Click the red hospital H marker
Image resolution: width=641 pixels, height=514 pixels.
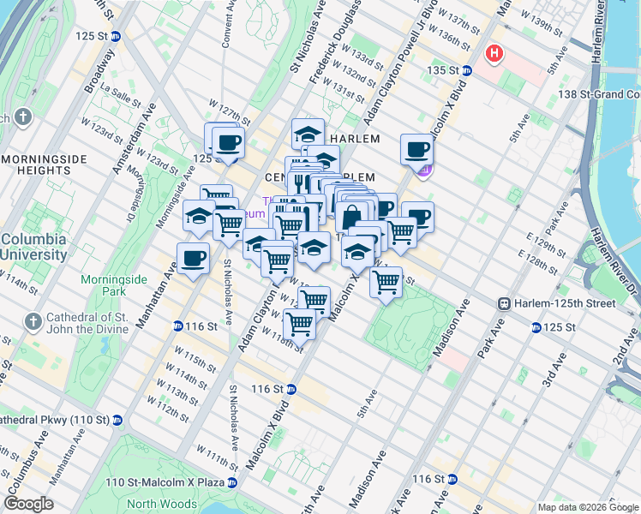[x=494, y=54]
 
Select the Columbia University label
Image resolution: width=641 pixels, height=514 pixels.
[x=34, y=247]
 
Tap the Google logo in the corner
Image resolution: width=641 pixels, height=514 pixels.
[x=28, y=504]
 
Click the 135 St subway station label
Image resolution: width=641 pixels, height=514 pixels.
[x=449, y=70]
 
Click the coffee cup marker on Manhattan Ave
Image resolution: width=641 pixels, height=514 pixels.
[x=194, y=257]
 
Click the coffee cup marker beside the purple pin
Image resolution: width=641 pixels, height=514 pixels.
[x=417, y=150]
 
